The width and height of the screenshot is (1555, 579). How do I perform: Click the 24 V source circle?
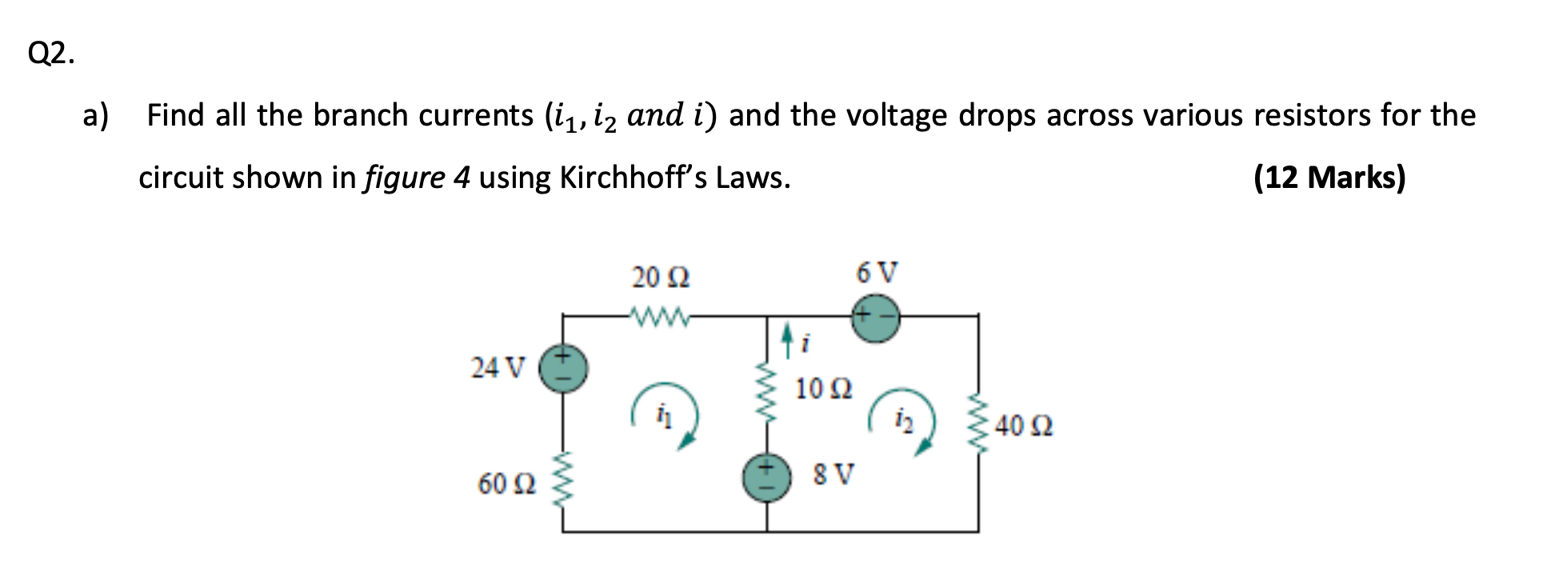coord(563,368)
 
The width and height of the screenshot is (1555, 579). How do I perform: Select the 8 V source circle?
coord(767,478)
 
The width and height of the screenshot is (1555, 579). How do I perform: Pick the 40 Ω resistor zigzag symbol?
coord(977,423)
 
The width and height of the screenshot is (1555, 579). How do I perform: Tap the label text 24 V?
coord(498,369)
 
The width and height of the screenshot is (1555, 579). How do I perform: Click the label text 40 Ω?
coord(1024,425)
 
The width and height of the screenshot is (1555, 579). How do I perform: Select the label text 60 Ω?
coord(506,484)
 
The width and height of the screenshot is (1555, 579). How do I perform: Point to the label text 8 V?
coord(833,474)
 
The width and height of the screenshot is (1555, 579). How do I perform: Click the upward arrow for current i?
coord(788,339)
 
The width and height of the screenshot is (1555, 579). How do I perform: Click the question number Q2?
coord(51,53)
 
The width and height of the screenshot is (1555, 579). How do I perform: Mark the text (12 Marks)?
coord(1329,177)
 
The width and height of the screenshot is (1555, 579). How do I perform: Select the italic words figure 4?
coord(416,177)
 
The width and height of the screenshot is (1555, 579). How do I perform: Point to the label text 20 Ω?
coord(661,278)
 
